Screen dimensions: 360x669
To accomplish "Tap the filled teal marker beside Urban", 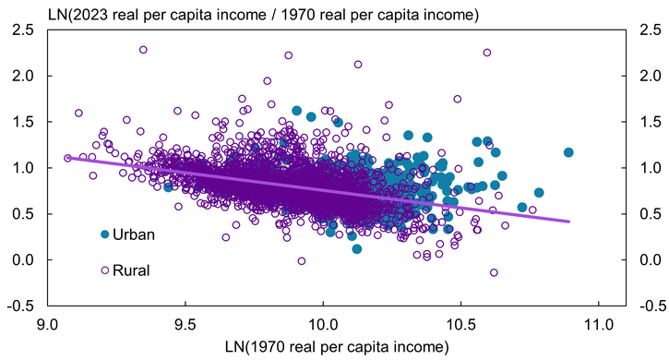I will point(105,234).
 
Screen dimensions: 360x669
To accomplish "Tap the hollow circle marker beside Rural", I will point(105,270).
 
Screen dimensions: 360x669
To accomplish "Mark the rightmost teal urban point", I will point(568,152).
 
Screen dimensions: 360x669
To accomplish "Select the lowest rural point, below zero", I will point(494,272).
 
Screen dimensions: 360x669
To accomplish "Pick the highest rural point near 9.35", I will point(143,50).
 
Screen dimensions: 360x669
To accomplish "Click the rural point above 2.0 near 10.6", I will point(487,53).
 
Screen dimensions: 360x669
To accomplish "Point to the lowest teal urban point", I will point(357,248).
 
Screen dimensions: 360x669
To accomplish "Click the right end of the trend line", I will point(569,222).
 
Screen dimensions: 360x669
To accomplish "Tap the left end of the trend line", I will point(66,158).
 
